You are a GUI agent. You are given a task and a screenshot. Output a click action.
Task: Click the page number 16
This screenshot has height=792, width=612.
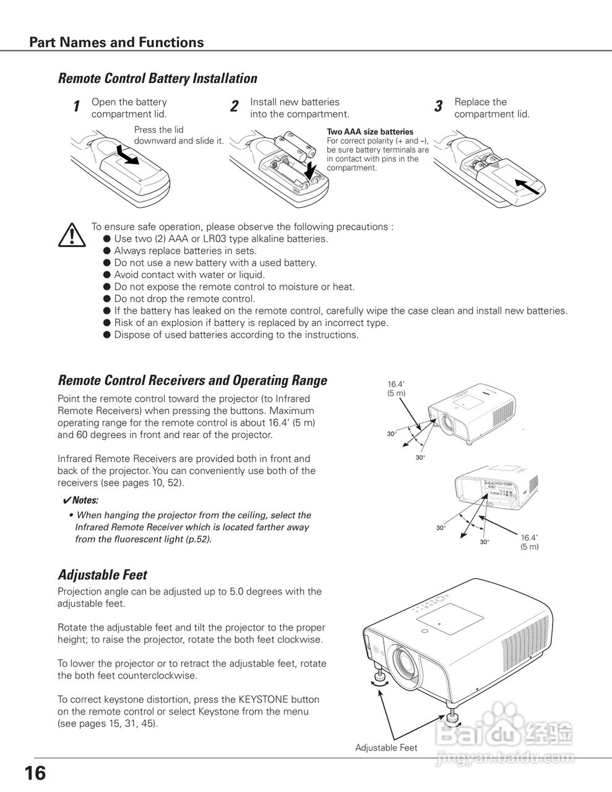pos(35,773)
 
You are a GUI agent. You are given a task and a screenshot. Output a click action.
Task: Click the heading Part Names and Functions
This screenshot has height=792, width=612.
pos(116,42)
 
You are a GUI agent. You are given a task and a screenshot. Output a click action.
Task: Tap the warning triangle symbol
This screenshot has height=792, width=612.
pos(72,235)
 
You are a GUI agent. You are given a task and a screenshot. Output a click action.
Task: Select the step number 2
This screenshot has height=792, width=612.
pos(234,106)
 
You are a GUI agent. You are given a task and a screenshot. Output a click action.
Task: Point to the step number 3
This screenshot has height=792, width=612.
pos(438,106)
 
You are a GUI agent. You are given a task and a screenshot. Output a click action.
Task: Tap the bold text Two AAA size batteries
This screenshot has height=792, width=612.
pos(369,132)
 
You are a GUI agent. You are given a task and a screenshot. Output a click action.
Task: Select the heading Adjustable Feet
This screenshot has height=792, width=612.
pos(102,575)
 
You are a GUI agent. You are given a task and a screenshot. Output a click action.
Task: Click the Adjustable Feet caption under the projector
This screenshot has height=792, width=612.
pos(386,747)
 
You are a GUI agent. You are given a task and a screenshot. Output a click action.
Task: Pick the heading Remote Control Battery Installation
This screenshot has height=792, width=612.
pos(157,79)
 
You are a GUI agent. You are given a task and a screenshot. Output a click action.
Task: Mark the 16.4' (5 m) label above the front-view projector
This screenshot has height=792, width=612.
pos(396,389)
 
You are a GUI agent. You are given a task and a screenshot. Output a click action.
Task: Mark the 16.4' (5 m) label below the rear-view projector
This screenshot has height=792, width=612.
pos(529,542)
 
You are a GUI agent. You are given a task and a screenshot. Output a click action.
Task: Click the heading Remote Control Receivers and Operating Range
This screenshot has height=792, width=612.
pos(192,381)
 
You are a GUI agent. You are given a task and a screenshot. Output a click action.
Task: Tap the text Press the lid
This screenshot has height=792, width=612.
pos(158,130)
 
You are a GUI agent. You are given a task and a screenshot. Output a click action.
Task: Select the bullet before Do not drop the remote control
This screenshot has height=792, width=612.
pos(107,299)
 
